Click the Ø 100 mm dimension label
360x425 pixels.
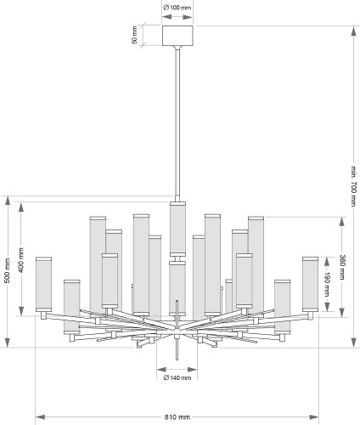point(177,8)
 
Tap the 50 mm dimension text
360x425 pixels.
point(134,35)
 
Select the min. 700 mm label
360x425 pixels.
point(353,186)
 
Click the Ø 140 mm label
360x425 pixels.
point(177,377)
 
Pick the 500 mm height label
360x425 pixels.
point(8,270)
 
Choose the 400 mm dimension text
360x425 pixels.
point(21,260)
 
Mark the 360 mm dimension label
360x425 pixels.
point(342,267)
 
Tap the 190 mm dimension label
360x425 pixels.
point(327,284)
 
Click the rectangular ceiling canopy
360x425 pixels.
point(177,36)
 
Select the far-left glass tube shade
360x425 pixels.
point(44,284)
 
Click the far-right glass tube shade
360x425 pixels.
point(310,284)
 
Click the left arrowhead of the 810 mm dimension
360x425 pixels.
point(40,417)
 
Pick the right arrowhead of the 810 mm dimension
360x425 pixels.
point(314,417)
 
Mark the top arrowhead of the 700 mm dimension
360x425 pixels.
point(353,31)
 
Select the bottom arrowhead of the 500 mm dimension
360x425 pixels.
point(8,343)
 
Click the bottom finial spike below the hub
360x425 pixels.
point(177,349)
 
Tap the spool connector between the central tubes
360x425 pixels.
point(177,258)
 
